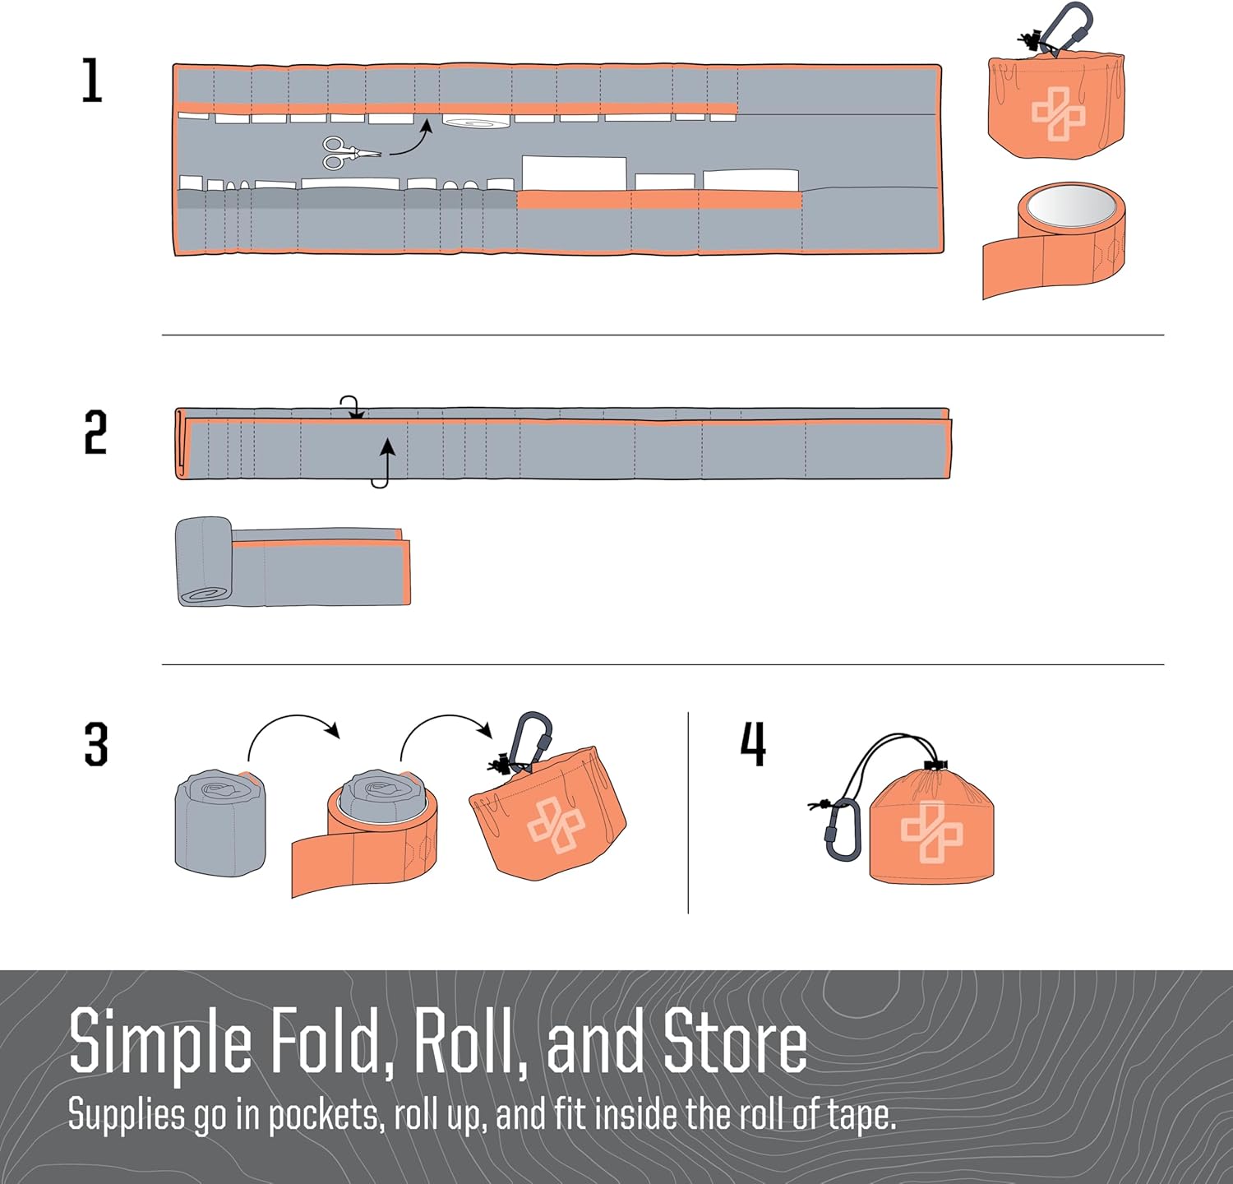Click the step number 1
[92, 81]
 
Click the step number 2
[95, 432]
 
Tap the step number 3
[96, 745]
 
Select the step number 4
[754, 743]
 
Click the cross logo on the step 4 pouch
[931, 831]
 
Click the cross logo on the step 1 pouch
[1058, 113]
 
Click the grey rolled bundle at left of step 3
[220, 823]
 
